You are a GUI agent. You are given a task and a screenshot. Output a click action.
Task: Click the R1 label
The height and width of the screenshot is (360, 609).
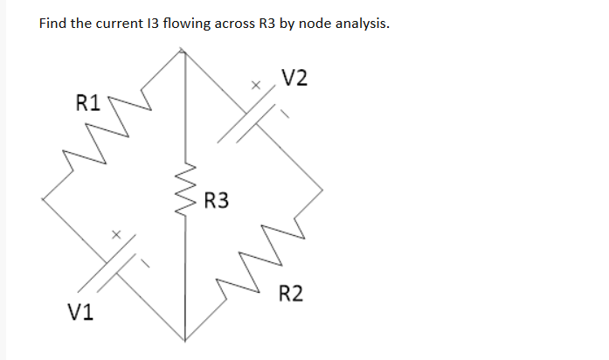87,104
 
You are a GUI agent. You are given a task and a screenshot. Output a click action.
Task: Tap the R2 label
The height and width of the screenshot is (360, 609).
292,293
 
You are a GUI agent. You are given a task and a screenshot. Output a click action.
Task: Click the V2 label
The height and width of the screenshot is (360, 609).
295,79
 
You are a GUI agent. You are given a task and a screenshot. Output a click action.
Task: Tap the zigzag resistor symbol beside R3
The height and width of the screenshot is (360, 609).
184,188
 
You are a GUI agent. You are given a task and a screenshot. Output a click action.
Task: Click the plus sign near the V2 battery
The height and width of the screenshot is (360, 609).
256,87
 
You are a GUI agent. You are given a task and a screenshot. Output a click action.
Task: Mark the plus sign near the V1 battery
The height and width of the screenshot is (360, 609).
114,233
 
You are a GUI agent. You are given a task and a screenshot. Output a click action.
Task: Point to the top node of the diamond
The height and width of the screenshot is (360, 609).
183,50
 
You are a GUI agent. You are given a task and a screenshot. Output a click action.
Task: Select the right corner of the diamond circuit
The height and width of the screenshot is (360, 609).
322,187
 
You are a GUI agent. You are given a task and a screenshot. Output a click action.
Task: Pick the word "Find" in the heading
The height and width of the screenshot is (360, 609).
53,23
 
